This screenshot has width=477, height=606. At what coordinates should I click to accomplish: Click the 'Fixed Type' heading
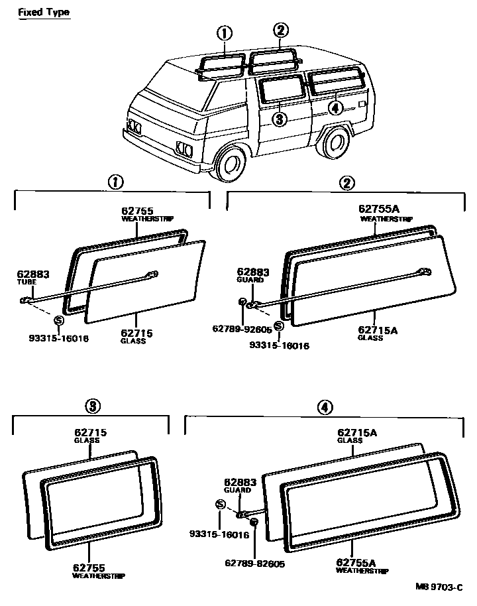(x=43, y=13)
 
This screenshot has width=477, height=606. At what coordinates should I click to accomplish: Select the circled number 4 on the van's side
(x=335, y=107)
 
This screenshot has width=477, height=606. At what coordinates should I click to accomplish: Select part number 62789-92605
(x=243, y=328)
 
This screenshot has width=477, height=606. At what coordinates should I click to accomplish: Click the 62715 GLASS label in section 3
(x=90, y=436)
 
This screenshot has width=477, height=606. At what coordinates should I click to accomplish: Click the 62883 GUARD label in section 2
(x=254, y=275)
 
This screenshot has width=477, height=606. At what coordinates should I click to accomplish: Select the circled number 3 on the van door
(x=280, y=119)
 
